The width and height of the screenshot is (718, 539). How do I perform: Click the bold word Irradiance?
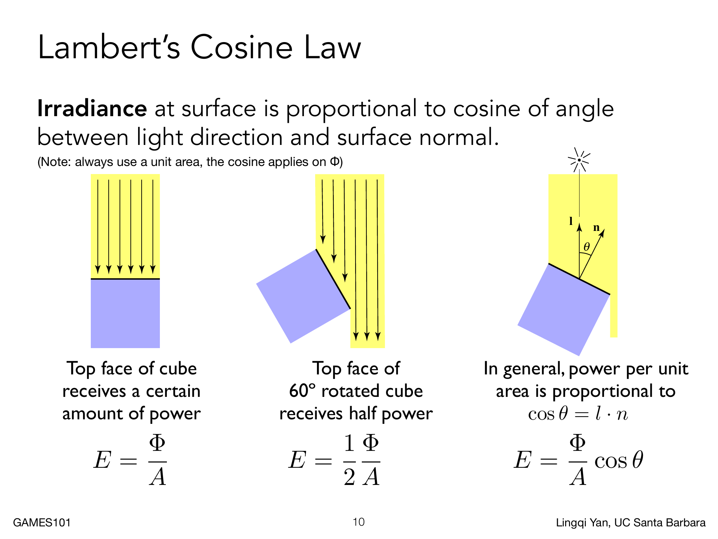[92, 108]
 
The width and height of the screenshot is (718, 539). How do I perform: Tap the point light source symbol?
[579, 160]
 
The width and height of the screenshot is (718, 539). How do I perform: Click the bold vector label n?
[596, 228]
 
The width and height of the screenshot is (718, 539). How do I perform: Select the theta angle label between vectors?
[587, 247]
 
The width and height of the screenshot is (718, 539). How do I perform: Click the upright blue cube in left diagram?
[125, 313]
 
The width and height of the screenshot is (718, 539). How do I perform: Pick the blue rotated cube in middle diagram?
[303, 296]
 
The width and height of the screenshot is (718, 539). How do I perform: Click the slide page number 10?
[359, 522]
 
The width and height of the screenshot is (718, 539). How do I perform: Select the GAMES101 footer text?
[42, 523]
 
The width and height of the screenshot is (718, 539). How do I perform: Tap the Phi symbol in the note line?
[334, 162]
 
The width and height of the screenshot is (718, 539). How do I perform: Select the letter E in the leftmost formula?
[102, 460]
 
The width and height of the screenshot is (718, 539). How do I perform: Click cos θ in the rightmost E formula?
[619, 460]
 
